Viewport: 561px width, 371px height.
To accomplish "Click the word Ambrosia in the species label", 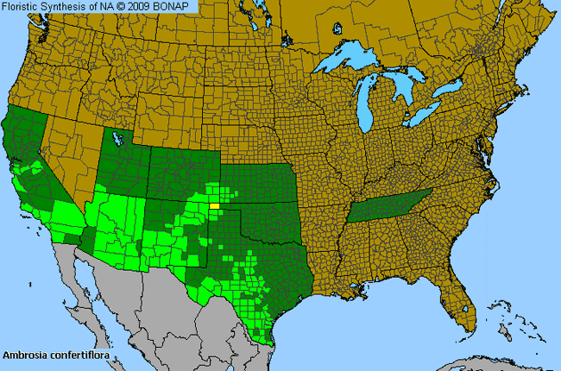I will pos(23,354).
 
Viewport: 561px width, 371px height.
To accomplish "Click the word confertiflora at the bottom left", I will pos(74,354).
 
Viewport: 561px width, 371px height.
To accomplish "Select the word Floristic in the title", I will pos(22,6).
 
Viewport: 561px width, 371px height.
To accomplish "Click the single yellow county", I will pos(215,206).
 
